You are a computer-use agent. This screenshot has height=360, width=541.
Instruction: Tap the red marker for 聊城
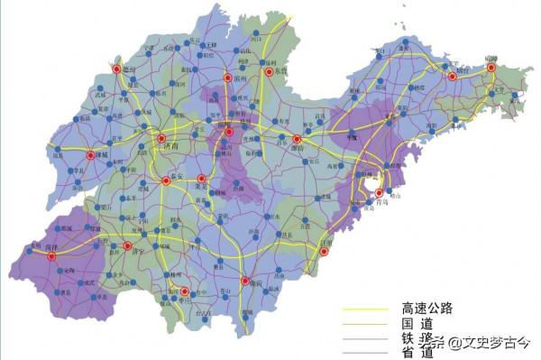point(90,155)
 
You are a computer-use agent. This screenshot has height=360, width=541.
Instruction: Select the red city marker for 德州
point(116,68)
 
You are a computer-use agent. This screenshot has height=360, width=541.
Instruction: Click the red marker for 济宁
point(127,245)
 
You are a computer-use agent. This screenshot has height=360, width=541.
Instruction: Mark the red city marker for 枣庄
point(185,291)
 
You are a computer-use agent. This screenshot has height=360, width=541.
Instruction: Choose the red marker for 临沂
point(244,282)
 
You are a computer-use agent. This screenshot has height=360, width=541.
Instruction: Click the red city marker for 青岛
point(379,193)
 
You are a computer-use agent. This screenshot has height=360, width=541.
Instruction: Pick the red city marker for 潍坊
point(297,139)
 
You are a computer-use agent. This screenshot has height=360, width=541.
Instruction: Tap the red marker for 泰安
point(166,180)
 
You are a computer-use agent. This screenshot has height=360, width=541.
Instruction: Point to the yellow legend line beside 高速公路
point(364,310)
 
